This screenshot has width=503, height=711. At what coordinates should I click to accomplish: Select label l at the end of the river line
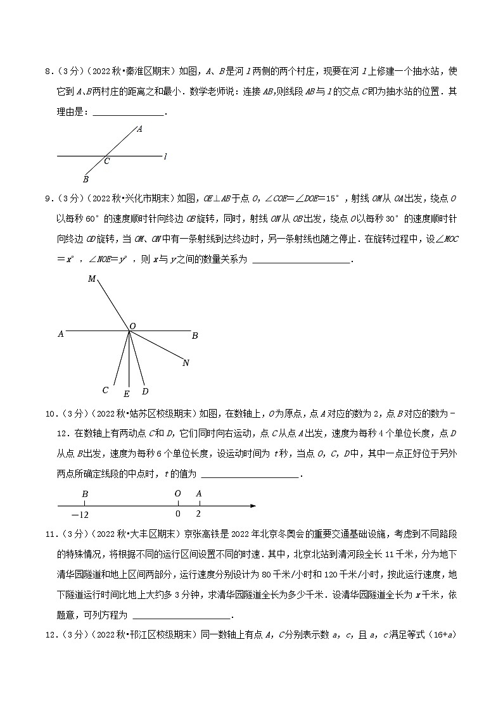165,156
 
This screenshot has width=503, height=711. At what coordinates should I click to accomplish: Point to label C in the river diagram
106,162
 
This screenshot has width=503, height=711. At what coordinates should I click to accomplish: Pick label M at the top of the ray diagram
92,279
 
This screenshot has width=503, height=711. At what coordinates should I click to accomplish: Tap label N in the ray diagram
185,363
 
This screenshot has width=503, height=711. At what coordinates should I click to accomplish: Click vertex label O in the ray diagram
133,326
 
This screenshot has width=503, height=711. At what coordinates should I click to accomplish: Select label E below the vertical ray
127,394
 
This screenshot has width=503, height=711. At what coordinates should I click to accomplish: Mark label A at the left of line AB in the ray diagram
61,334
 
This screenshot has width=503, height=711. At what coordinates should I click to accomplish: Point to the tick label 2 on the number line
199,513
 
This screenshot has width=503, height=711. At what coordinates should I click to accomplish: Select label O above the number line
177,493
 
